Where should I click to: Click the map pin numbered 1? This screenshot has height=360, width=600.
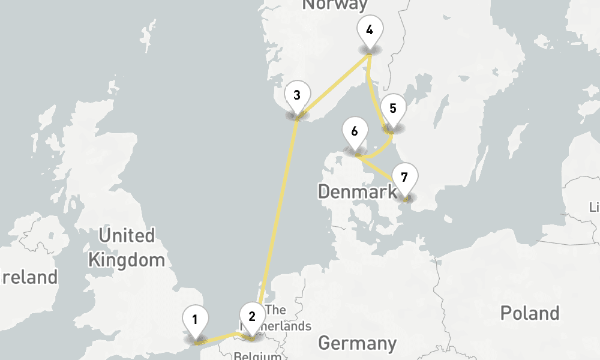[195, 319]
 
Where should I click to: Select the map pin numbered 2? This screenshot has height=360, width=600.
[252, 316]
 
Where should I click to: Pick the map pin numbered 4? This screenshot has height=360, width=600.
[369, 29]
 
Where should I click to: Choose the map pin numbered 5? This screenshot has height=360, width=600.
[393, 108]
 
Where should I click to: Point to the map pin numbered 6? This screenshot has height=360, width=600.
[355, 131]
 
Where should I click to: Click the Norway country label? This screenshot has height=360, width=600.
[335, 5]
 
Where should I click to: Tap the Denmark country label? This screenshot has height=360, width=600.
[357, 192]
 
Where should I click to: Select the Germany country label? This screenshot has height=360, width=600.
[357, 343]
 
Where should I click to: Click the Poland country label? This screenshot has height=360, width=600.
[530, 313]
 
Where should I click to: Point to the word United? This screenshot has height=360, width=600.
[127, 235]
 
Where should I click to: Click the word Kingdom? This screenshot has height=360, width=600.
[126, 260]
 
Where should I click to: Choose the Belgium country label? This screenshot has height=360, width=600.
[258, 355]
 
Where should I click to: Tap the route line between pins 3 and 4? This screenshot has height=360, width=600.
[333, 85]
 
